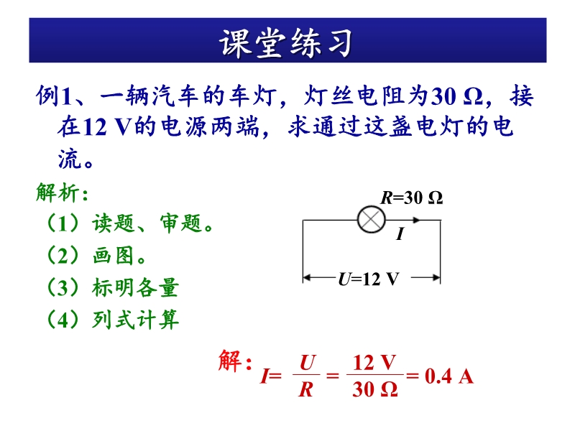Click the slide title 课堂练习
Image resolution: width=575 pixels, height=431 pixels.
(286, 42)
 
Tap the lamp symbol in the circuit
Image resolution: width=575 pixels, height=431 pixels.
(371, 220)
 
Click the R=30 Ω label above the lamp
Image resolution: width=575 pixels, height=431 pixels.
(411, 198)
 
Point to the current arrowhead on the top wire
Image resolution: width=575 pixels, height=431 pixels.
(416, 220)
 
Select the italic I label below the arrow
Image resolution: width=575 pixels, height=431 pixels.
(400, 233)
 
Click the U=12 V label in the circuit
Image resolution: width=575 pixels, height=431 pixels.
(368, 279)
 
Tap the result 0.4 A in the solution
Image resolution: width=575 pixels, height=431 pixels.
(449, 376)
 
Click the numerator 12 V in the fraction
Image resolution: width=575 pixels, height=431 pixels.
(374, 363)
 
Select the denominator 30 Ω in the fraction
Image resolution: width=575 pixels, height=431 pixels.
(374, 389)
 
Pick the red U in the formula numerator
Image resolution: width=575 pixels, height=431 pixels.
(307, 363)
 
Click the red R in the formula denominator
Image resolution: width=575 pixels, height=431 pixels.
(306, 389)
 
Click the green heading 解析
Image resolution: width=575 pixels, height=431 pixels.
(62, 192)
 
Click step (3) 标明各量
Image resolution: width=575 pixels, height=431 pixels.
(112, 287)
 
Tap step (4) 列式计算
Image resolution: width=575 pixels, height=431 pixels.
(112, 320)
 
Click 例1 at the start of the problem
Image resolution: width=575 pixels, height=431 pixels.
(53, 96)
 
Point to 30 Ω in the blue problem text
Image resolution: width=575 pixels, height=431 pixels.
(456, 96)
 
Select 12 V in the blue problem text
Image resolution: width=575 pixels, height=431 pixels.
(106, 127)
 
